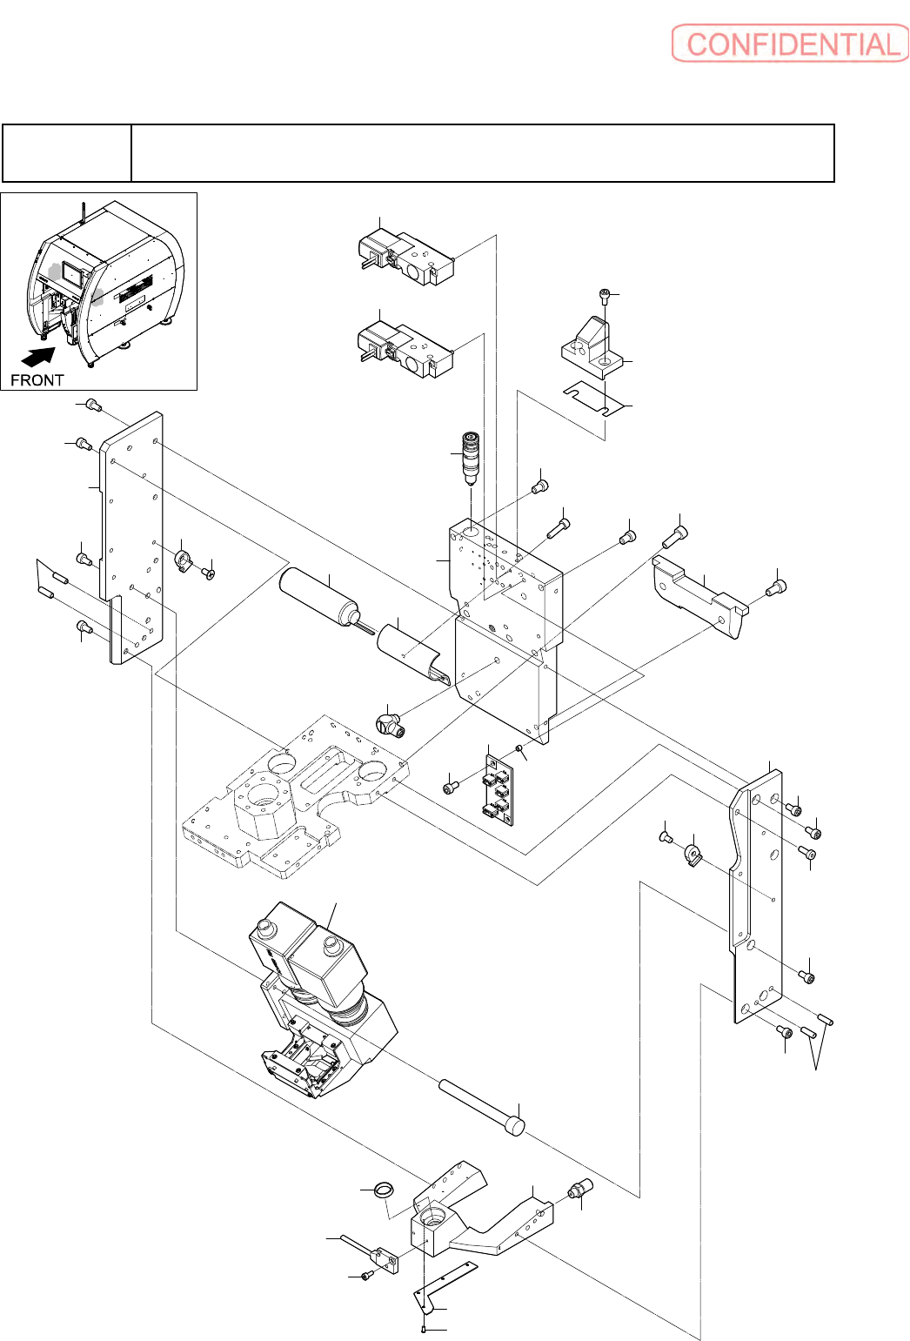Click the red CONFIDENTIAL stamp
790,44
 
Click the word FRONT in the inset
37,380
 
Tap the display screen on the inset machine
73,275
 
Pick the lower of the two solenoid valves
405,351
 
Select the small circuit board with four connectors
499,790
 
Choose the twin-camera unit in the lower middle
324,1000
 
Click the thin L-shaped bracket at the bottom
443,1281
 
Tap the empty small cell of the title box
66,152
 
